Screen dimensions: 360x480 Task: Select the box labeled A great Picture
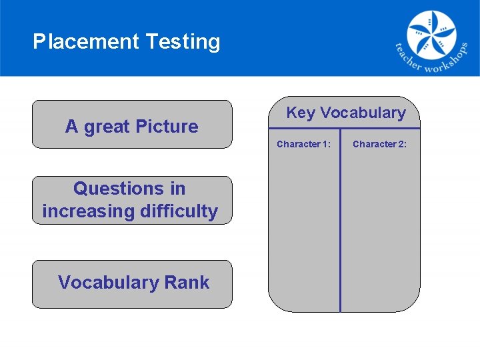[132, 124]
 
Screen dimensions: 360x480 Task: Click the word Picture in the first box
[167, 127]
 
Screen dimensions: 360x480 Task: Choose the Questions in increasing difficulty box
[132, 200]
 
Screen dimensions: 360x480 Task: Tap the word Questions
[129, 189]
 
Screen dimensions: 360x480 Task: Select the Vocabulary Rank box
[132, 284]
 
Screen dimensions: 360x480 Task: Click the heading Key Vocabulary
[345, 113]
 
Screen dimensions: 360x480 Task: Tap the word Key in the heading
[301, 113]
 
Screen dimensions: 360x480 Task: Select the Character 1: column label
[303, 144]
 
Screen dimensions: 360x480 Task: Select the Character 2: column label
[379, 144]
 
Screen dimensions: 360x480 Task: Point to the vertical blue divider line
[340, 227]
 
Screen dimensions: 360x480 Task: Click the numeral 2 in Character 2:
[400, 144]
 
